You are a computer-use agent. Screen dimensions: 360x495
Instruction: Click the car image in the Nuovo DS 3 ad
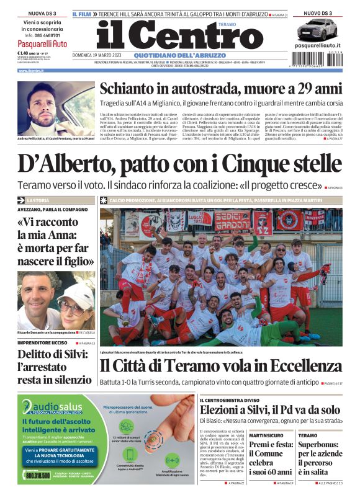tap(317, 29)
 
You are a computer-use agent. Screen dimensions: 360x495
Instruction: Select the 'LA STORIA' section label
tap(37, 200)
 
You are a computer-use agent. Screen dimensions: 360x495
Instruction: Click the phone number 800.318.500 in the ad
tap(38, 475)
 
